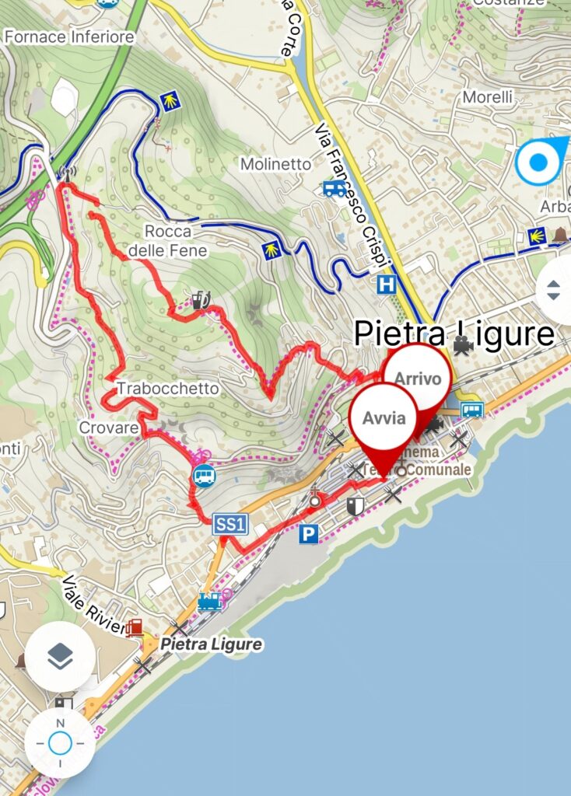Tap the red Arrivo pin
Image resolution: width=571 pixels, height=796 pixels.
click(x=419, y=379)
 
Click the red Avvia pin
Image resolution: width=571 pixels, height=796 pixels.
click(x=383, y=417)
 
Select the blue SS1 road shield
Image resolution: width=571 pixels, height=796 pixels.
click(x=230, y=526)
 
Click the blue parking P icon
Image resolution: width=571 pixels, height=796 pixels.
click(x=309, y=533)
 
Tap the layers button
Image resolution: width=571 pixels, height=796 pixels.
click(x=60, y=657)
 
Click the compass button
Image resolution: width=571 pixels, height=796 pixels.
click(x=60, y=743)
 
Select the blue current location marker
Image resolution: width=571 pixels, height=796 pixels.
click(x=538, y=163)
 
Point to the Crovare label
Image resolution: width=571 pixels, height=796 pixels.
click(x=108, y=428)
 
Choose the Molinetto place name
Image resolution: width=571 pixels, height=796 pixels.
click(x=275, y=164)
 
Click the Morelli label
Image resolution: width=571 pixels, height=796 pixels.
click(x=488, y=97)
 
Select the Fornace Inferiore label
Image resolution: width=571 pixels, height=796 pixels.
click(x=68, y=37)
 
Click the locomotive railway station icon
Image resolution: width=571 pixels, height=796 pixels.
click(x=210, y=601)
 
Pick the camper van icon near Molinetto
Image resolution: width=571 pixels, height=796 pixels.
click(x=335, y=188)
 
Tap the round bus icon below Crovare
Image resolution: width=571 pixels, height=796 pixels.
click(x=204, y=475)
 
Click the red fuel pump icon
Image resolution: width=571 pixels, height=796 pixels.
click(x=135, y=627)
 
